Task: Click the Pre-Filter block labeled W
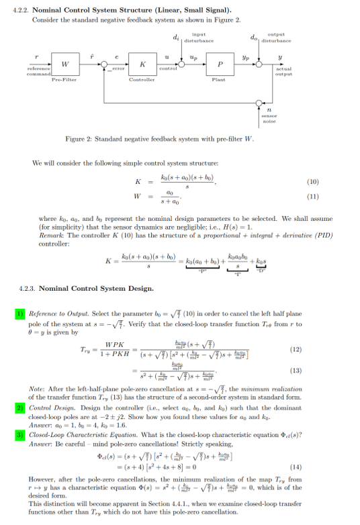coord(64,64)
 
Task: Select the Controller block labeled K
coord(142,64)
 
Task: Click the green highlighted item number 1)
coord(20,314)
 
